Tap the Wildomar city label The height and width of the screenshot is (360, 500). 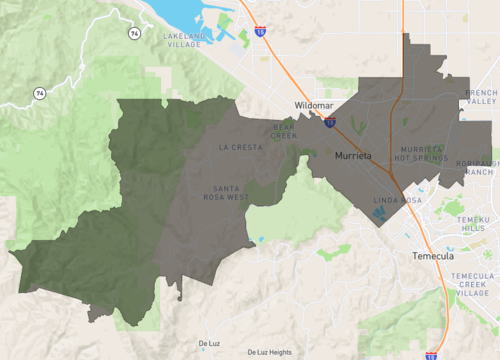(315, 105)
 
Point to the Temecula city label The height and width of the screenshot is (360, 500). (433, 256)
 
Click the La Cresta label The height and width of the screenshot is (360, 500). (240, 147)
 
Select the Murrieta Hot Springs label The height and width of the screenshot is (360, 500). (420, 154)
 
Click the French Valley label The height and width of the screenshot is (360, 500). (480, 97)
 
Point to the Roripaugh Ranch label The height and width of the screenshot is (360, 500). (479, 168)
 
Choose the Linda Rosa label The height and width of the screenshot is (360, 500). (391, 201)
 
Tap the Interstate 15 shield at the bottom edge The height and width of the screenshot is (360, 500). (431, 355)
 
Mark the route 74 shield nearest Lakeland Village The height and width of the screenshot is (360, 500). (133, 33)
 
